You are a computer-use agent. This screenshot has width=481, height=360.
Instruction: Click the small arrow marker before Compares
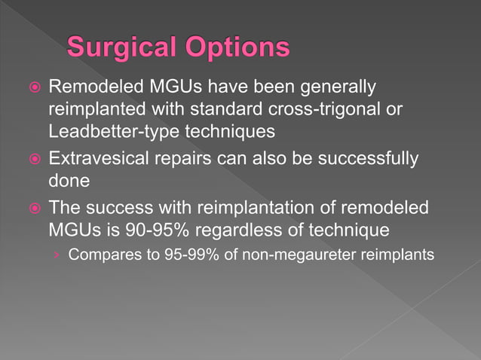56,255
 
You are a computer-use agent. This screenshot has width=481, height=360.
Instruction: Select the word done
69,182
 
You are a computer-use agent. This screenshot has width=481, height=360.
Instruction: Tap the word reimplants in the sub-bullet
397,255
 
